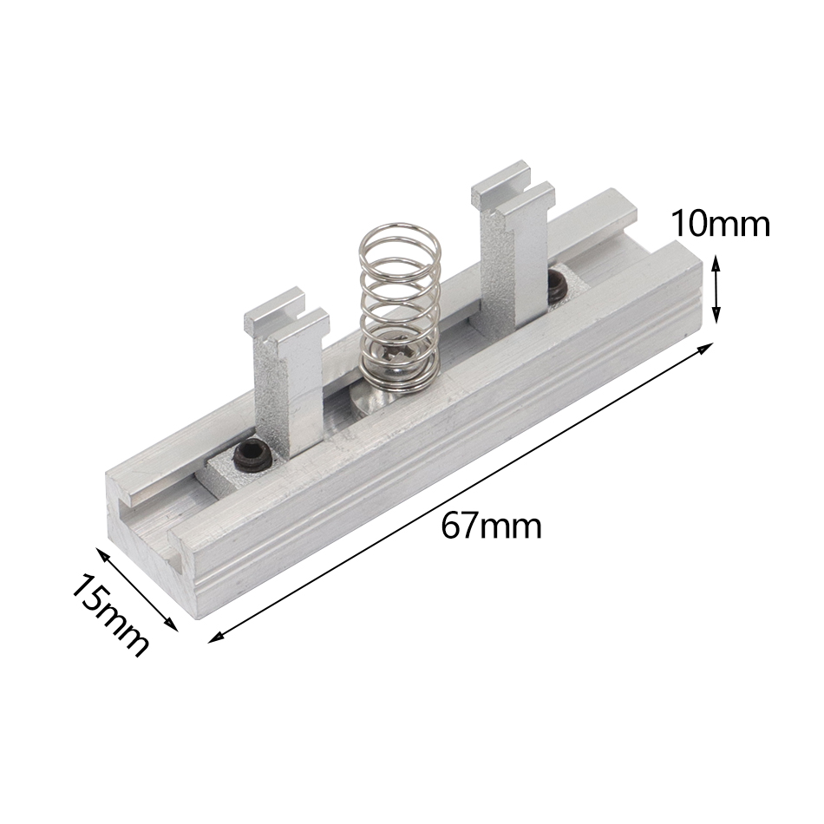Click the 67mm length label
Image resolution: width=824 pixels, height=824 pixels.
tap(491, 526)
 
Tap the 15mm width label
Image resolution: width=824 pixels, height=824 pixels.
tap(109, 614)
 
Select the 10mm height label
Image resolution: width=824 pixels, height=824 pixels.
tap(720, 225)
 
